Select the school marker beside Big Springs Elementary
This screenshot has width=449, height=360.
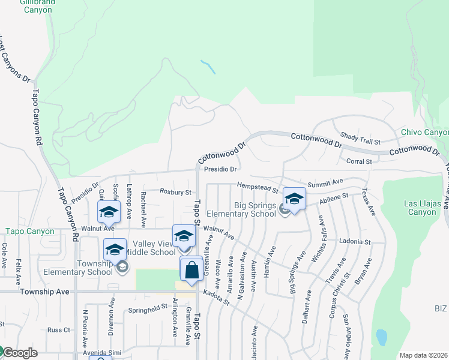[x=294, y=200]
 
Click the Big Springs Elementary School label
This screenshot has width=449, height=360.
[x=241, y=209]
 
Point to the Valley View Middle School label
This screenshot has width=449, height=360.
[x=154, y=248]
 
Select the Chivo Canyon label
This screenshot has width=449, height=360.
[x=424, y=132]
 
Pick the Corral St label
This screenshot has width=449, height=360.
[x=360, y=161]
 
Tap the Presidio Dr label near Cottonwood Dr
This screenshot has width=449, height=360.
[x=220, y=169]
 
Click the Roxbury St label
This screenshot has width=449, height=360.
[x=175, y=192]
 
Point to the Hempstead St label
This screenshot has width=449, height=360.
[x=258, y=187]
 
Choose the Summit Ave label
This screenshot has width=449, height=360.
[x=325, y=181]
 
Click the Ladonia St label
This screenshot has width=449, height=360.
[x=354, y=241]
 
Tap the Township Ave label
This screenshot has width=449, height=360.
[x=44, y=292]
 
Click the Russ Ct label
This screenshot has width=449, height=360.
[x=59, y=330]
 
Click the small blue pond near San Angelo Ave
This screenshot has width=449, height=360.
[x=380, y=337]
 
